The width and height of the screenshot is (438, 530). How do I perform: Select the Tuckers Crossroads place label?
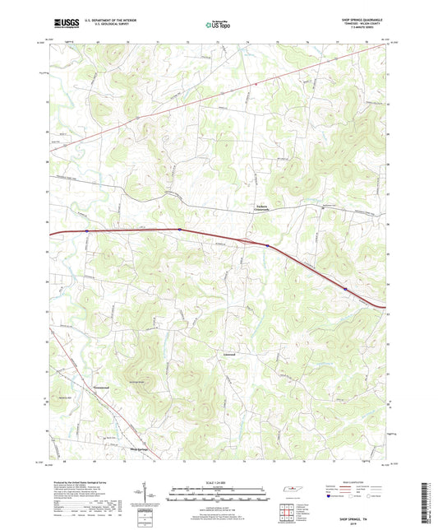(262, 208)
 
